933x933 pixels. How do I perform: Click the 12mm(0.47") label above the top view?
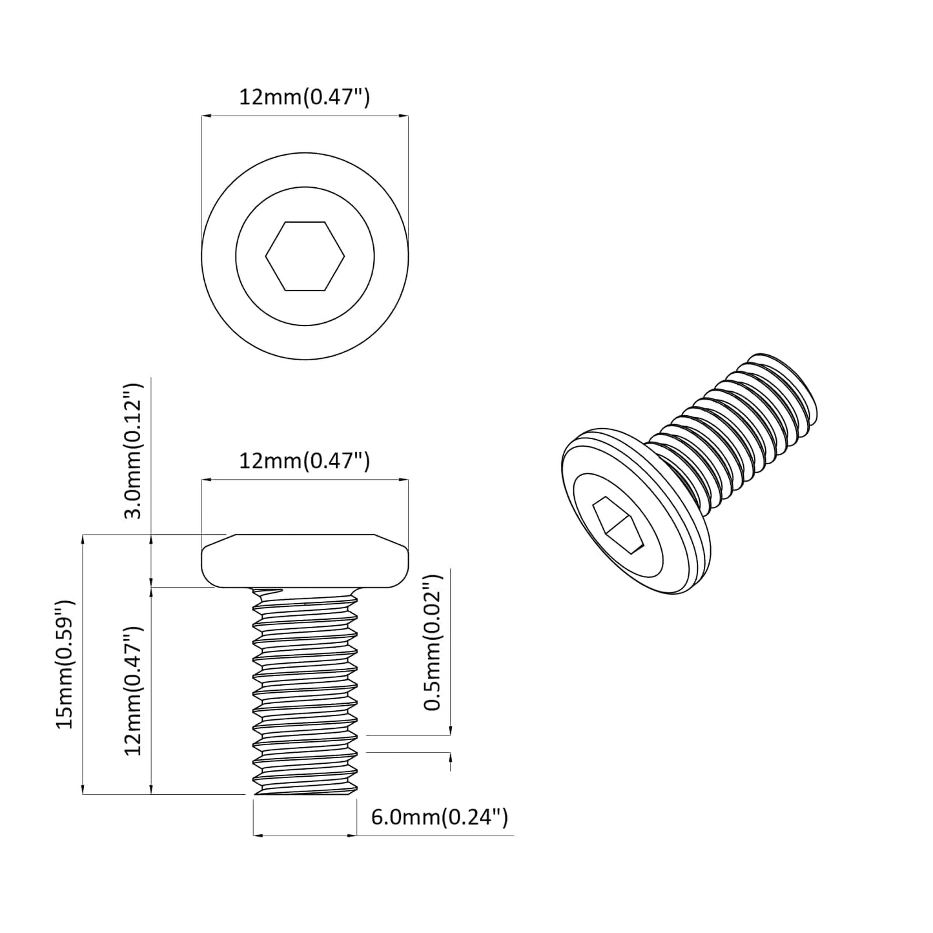304,97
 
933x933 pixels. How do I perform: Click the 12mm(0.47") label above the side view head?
304,461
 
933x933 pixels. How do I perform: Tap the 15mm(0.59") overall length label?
65,664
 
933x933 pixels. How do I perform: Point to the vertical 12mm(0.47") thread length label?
133,690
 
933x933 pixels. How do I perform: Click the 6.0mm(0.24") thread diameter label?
439,817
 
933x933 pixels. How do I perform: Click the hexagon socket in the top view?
305,256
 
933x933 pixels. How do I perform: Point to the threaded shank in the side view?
305,691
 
